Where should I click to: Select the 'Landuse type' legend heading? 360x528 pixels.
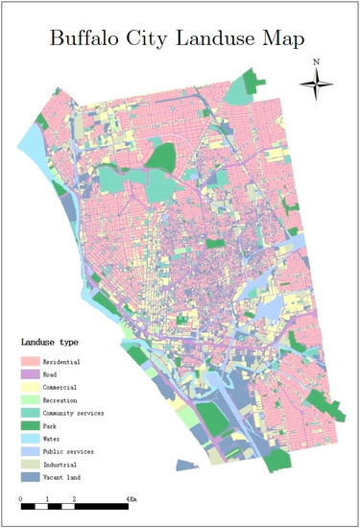50,342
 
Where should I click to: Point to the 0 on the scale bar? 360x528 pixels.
21,499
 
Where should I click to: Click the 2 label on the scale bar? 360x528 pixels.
75,499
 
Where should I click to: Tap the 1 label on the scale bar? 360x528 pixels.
48,499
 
